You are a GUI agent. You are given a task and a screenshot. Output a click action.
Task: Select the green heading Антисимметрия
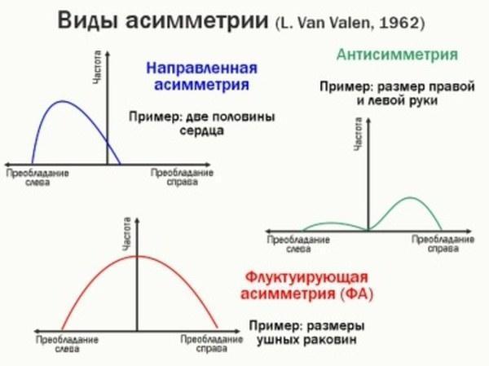397,55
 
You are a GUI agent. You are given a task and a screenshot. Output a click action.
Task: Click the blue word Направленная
202,68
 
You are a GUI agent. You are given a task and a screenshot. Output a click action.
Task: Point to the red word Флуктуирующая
306,277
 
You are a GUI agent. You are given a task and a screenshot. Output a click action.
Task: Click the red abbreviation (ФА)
356,293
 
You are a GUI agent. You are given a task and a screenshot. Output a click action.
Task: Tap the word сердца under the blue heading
201,130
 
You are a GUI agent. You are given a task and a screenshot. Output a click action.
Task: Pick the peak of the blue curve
62,101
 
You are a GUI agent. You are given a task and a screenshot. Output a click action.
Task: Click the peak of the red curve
137,256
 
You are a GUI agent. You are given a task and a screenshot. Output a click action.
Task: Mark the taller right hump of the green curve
409,197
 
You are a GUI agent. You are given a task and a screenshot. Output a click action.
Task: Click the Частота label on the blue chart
97,67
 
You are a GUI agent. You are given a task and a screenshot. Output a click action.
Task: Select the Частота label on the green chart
359,134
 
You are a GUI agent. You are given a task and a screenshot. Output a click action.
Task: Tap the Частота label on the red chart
126,234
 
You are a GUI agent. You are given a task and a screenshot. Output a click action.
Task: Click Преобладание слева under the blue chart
37,178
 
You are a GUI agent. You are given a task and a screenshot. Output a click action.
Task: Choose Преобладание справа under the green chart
443,244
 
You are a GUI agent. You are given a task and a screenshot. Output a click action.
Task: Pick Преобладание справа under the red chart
212,344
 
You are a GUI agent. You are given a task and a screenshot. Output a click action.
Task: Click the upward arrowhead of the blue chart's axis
108,53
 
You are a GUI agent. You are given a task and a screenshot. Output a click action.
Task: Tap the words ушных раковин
306,340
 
